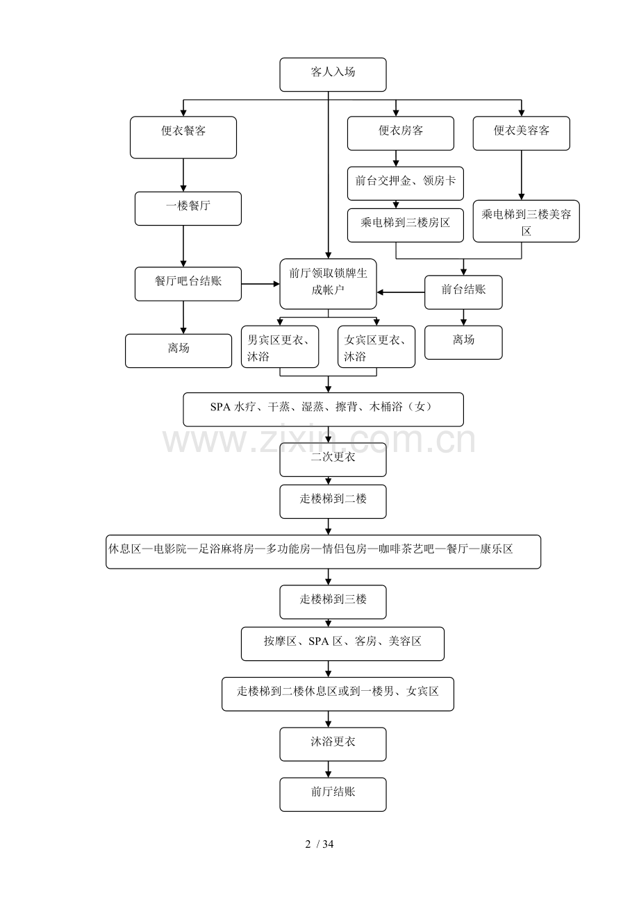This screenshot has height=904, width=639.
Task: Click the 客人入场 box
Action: tap(333, 74)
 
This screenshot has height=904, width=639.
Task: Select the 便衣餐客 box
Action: tap(183, 137)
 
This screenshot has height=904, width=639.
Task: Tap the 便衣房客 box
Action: tap(400, 133)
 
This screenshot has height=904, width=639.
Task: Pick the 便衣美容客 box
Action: tap(521, 133)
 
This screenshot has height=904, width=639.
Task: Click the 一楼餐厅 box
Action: tap(188, 208)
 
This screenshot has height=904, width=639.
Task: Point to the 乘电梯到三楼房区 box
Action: tap(405, 225)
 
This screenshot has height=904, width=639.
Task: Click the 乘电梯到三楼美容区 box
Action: tap(526, 221)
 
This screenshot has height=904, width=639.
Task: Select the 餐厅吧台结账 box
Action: tap(188, 284)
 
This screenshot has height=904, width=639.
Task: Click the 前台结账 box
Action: tap(463, 292)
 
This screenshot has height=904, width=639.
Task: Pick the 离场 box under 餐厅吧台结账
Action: tap(178, 351)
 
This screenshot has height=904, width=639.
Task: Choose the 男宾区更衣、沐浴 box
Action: tap(280, 346)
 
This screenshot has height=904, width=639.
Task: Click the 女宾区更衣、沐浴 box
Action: tap(376, 346)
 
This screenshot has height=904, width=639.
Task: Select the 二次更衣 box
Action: tap(333, 459)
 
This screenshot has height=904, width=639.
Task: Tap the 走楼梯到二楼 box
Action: tap(333, 501)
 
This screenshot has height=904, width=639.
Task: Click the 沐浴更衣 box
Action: tap(333, 744)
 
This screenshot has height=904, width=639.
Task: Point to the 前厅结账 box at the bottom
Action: tap(333, 794)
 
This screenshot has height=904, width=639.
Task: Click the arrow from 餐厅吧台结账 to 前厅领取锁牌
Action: tap(260, 284)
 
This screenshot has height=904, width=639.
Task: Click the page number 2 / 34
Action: tap(319, 844)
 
